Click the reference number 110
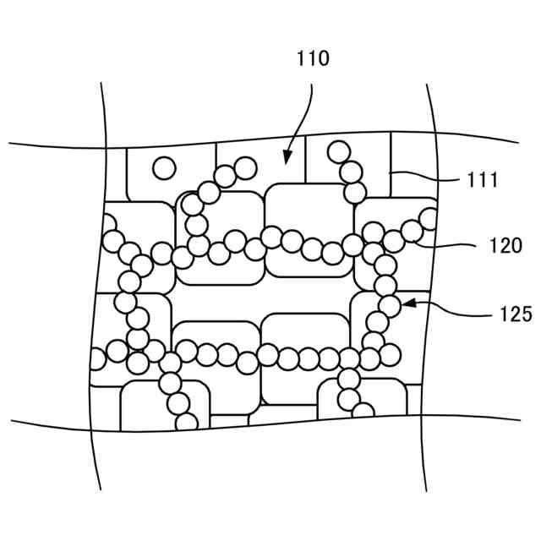312,59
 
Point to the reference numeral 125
514,314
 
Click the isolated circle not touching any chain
164,168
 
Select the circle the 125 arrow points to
390,304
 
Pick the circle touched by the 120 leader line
413,230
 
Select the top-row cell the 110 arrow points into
262,169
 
